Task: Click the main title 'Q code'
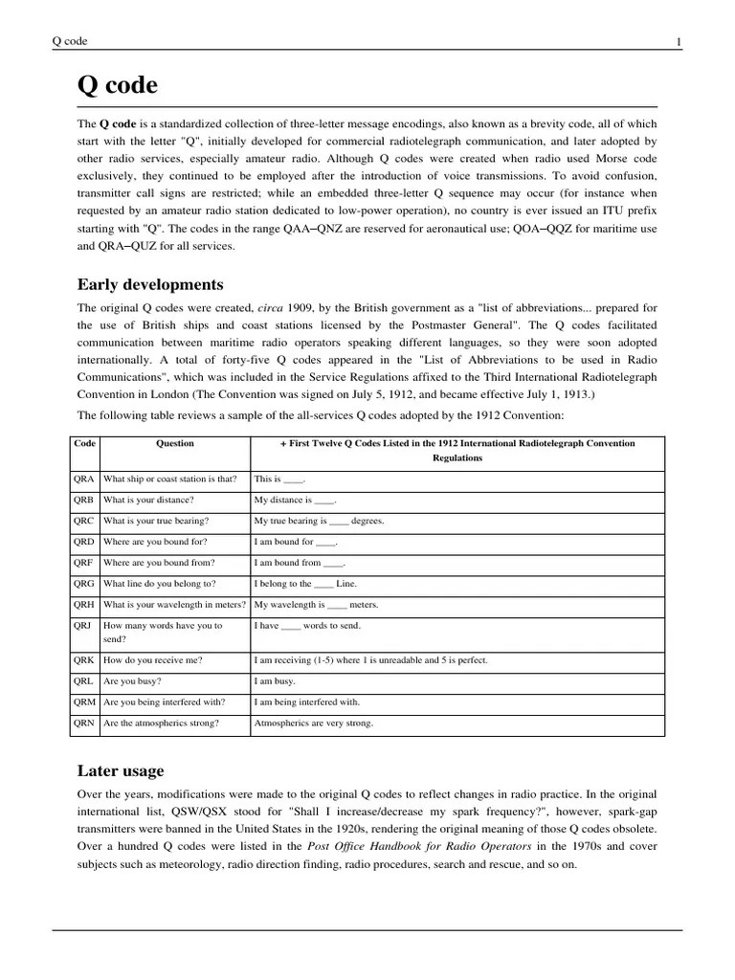(x=117, y=86)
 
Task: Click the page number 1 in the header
(x=679, y=41)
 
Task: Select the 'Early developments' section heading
(x=150, y=284)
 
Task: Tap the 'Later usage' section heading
(x=120, y=770)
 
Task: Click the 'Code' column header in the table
(x=85, y=443)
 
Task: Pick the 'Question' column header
(x=175, y=443)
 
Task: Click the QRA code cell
(x=85, y=479)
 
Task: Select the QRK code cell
(x=85, y=660)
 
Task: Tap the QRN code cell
(x=85, y=724)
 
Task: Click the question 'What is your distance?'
(x=148, y=500)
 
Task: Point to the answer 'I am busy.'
(x=275, y=681)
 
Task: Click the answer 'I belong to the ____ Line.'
(x=305, y=583)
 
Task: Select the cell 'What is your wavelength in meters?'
(x=174, y=604)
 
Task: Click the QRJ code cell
(x=85, y=625)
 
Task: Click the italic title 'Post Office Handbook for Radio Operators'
(x=418, y=846)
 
